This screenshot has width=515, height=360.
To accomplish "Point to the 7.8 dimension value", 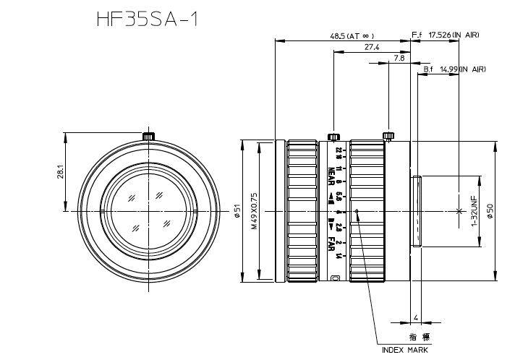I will tap(399, 58).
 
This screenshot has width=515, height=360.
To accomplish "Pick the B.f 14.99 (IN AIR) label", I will tap(454, 69).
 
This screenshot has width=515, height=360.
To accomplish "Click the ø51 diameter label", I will tap(237, 211).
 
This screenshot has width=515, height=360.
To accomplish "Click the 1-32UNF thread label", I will tap(474, 211).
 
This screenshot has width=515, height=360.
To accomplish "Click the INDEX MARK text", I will tap(405, 349).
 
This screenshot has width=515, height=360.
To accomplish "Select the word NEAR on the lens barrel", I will tap(331, 176).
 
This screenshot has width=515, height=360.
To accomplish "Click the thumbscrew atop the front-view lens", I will tap(148, 136).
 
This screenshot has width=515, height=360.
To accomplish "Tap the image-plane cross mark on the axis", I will tap(459, 211).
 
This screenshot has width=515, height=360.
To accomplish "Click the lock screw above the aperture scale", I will tap(333, 137).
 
